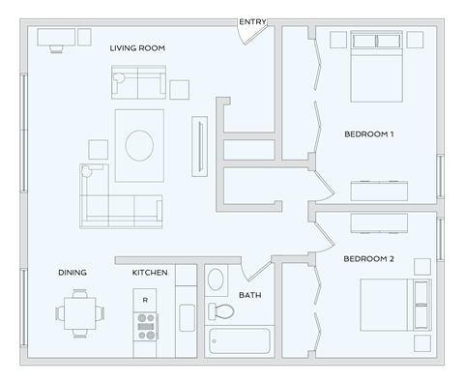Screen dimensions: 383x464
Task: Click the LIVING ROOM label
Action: (138, 47)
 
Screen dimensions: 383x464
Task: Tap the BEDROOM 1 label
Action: (369, 134)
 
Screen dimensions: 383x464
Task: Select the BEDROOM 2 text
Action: (369, 259)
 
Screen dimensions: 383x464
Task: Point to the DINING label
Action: (72, 273)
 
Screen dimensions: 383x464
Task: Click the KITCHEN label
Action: (150, 273)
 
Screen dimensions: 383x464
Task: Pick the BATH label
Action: (250, 295)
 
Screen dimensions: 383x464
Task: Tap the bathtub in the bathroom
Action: (239, 341)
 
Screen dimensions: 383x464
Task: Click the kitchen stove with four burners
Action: (146, 331)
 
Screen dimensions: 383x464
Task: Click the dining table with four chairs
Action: (77, 313)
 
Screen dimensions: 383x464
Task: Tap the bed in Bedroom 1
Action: (376, 66)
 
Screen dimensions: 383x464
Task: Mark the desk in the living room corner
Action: (55, 38)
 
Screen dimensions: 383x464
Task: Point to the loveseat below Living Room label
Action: (138, 83)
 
